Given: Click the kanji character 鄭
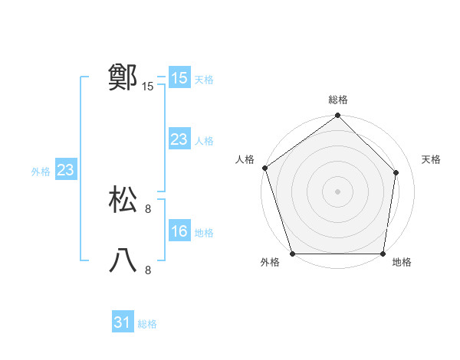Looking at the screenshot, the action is tap(123, 78).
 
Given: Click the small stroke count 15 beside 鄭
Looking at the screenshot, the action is tap(148, 87).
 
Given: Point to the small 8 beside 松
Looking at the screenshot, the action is tap(148, 208).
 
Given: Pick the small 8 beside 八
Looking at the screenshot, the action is tap(148, 270).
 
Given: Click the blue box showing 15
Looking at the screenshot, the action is tap(179, 78).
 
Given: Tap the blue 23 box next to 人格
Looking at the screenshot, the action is tap(179, 139).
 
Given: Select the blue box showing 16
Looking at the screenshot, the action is tap(179, 231).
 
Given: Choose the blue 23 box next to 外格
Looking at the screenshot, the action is tap(65, 170).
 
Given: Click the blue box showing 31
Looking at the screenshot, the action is tap(123, 322).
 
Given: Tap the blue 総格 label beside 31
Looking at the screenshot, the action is tap(147, 324).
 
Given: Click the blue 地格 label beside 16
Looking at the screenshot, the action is tap(204, 233).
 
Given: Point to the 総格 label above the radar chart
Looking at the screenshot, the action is tap(338, 100).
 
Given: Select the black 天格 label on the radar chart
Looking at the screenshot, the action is tap(431, 159).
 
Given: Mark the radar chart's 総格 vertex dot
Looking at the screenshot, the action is tap(338, 116).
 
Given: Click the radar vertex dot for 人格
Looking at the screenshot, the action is tap(264, 168).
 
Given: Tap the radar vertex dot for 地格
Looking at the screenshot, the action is tap(383, 254).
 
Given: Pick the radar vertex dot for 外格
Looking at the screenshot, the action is tap(292, 254).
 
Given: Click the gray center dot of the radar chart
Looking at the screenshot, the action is tap(338, 191).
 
